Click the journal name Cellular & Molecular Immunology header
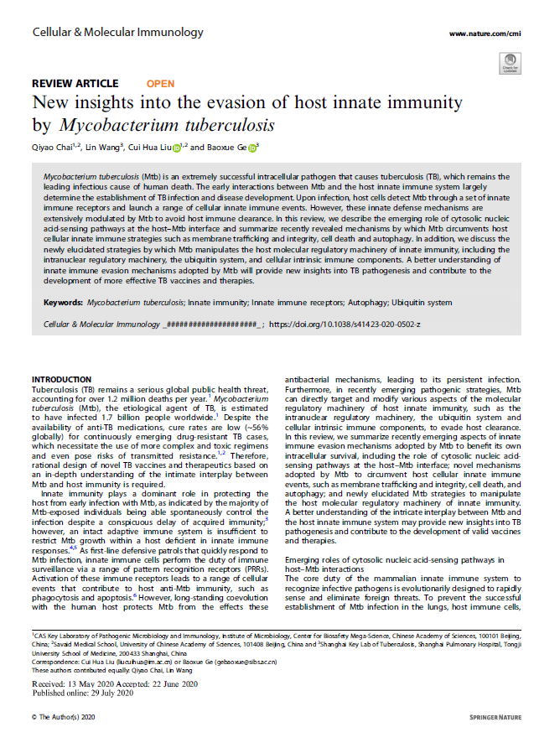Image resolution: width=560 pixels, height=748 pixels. pos(117,33)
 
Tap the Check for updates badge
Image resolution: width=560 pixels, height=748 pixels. pos(508,61)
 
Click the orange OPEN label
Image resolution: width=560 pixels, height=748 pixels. pos(160,84)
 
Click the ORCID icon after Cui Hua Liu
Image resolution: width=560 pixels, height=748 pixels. pos(177,148)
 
